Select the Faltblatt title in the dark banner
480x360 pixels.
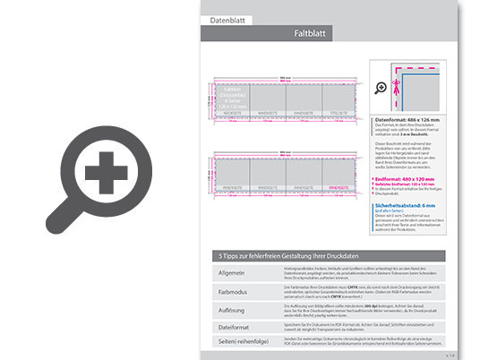point(314,33)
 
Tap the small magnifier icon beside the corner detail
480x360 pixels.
point(382,87)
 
